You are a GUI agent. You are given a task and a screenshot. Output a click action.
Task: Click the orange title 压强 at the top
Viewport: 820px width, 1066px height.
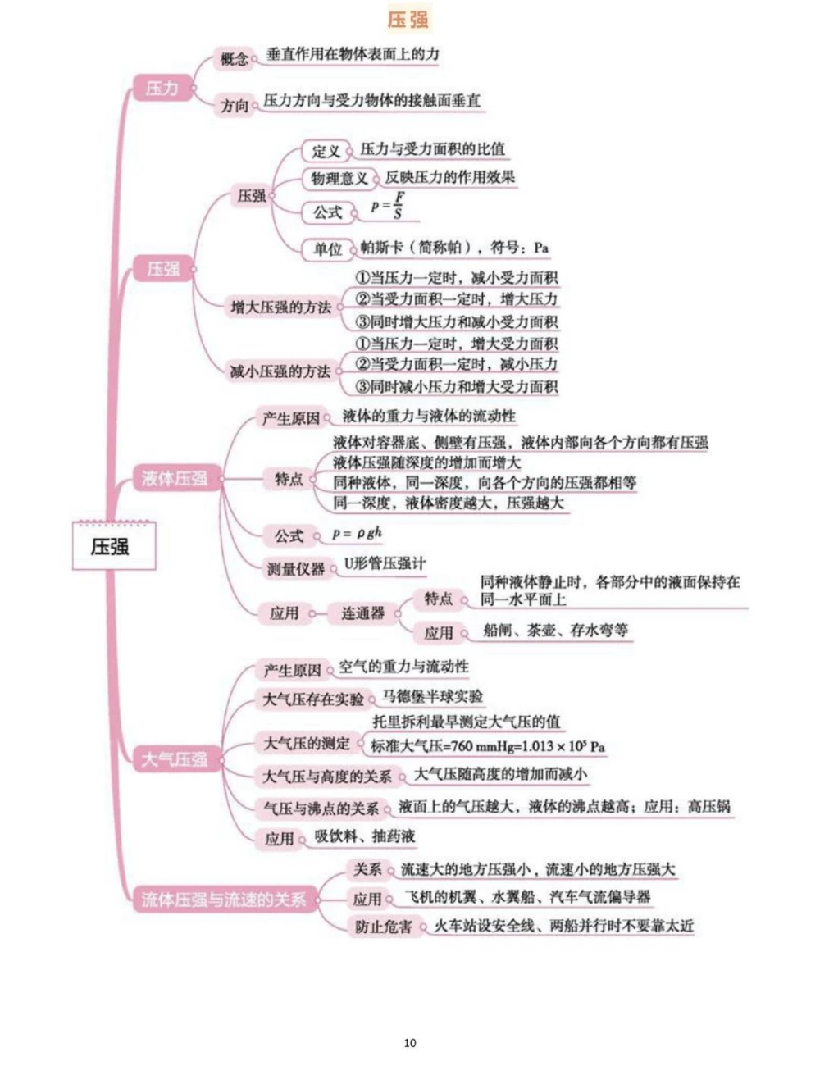click(x=408, y=19)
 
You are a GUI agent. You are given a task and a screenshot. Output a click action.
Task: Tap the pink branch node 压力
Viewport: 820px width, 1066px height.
click(x=162, y=89)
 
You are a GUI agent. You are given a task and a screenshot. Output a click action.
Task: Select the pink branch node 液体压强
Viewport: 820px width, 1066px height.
click(x=175, y=478)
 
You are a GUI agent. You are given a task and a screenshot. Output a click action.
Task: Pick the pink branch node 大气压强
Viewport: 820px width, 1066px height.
click(x=174, y=759)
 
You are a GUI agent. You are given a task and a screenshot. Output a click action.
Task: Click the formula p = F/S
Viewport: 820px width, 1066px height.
click(x=388, y=205)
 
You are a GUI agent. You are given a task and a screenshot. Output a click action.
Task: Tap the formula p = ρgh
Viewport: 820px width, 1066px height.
click(x=357, y=534)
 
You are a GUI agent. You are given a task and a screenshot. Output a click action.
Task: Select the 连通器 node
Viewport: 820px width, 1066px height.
click(x=362, y=613)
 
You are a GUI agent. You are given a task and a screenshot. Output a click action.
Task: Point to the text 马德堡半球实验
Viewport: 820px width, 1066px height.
click(x=433, y=697)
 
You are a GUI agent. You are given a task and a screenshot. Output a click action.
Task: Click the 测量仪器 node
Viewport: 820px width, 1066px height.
click(x=295, y=568)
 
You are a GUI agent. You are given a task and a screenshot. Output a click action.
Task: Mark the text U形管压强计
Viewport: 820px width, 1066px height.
click(x=385, y=563)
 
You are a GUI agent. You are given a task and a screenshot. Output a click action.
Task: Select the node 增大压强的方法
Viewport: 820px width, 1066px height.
click(x=280, y=307)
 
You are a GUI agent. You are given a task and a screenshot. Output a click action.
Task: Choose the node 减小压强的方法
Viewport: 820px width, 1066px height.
click(x=280, y=371)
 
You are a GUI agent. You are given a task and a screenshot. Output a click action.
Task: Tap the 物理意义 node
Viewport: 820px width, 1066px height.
click(x=339, y=179)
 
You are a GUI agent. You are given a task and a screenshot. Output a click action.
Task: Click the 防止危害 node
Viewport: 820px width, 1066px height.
click(x=384, y=927)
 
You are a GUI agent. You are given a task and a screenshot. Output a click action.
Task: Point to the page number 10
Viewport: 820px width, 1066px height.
click(x=410, y=1043)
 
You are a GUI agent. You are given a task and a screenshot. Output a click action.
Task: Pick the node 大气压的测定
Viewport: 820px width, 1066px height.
click(x=306, y=744)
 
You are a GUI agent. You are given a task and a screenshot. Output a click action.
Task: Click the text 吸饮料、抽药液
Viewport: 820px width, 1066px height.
click(x=365, y=836)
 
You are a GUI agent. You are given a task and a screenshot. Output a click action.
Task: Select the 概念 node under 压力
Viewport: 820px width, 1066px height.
click(x=235, y=59)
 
